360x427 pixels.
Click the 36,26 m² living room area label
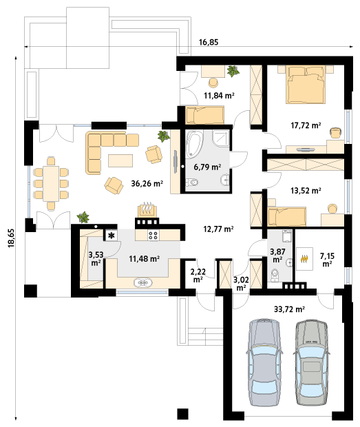coord(147,184)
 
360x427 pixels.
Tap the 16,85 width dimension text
coord(209,42)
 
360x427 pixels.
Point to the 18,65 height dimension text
coord(11,238)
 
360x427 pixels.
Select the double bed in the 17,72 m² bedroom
coord(306,85)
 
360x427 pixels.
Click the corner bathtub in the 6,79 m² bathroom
coord(193,144)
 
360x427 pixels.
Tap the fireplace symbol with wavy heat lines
coord(147,210)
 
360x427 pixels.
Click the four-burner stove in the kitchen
coord(153,236)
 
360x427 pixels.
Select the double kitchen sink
coord(143,282)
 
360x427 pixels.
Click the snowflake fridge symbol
coord(111,236)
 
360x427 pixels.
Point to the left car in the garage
coord(264,362)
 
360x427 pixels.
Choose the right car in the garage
coord(312,362)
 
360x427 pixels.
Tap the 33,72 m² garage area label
coord(289,309)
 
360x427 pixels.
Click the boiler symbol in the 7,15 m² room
coord(304,259)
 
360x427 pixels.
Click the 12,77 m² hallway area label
coord(218,229)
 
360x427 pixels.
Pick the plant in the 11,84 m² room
coord(233,71)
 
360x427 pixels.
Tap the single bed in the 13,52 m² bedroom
coord(287,216)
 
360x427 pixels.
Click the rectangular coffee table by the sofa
coord(120,160)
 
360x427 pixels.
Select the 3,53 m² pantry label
coord(96,258)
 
